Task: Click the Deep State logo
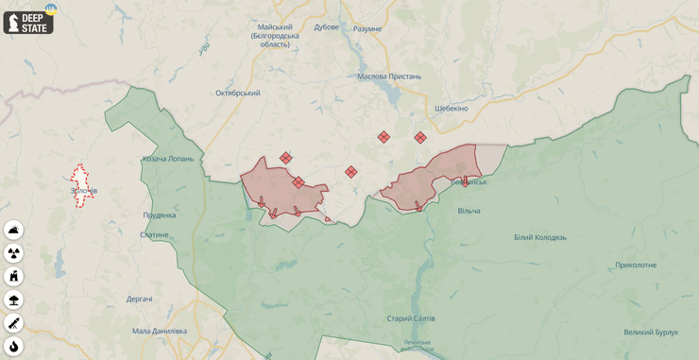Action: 28,22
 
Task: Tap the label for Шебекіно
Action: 451,109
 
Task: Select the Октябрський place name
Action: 237,93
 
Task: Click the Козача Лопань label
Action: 167,159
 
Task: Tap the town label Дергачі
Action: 140,299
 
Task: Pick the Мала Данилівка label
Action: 159,331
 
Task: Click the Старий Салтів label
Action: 411,318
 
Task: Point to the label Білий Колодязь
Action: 539,237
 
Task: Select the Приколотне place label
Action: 635,265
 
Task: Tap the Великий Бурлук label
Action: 651,332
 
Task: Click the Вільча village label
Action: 469,211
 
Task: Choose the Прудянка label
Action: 159,215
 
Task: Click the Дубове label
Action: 326,27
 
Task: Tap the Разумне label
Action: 367,28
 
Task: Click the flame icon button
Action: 13,346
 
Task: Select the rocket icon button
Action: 13,323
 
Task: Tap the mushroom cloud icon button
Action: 13,300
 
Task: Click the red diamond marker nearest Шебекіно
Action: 420,138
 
